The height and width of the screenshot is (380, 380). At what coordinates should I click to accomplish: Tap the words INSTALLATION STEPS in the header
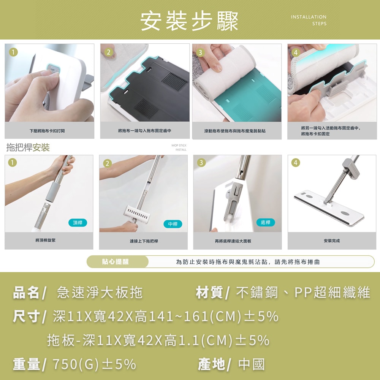[x=309, y=20]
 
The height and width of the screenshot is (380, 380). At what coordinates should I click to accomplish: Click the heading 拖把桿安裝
[x=28, y=147]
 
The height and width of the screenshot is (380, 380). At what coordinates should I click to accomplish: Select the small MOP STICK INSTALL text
[x=179, y=147]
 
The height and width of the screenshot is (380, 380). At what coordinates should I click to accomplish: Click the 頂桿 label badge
[x=78, y=223]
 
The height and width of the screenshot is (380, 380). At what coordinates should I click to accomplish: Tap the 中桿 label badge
[x=173, y=224]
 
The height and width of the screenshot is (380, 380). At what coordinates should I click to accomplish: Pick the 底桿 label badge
[x=266, y=222]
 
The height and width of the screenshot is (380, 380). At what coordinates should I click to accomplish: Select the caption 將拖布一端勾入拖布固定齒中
[x=145, y=131]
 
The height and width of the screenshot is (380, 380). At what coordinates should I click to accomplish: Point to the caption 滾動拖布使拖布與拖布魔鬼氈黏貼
[x=235, y=131]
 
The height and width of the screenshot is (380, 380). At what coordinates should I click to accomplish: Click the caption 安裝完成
[x=332, y=241]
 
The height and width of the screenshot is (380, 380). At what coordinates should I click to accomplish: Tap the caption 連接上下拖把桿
[x=144, y=241]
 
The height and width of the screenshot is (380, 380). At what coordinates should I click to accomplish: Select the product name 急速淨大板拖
[x=100, y=293]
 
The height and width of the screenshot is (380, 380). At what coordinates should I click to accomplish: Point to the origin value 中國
[x=252, y=364]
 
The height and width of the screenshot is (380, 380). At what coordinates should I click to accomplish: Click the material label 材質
[x=209, y=293]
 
